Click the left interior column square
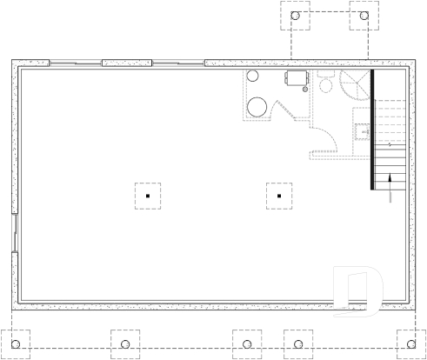pos(148,197)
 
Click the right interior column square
pos(278,197)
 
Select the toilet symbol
pos(326,83)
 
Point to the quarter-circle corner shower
pos(356,85)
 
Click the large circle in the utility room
pos(257,107)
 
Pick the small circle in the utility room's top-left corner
pos(253,77)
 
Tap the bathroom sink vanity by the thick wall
pos(362,131)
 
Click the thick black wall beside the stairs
pos(372,130)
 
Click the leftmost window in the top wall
pos(76,63)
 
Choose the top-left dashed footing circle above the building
pos(297,17)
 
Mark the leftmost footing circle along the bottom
pos(17,340)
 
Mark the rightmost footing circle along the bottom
pos(409,340)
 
